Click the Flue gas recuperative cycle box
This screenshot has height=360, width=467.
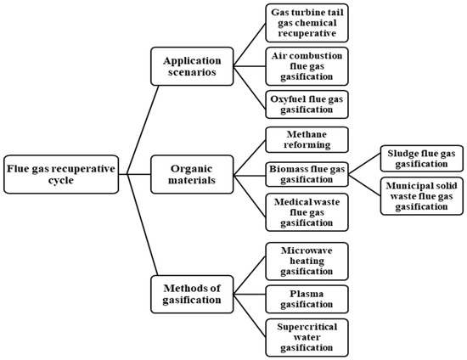(x=61, y=174)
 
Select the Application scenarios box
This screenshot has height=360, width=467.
(x=192, y=66)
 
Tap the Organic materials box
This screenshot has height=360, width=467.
(x=192, y=174)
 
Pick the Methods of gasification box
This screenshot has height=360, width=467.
(x=192, y=294)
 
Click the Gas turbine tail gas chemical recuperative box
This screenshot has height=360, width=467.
(x=307, y=23)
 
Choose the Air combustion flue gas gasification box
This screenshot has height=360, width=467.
(x=307, y=66)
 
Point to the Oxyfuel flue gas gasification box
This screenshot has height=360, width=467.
(x=307, y=104)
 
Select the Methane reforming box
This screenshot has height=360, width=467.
(x=307, y=139)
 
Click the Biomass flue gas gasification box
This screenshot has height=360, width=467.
(x=307, y=174)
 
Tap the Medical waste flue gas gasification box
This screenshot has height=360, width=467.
(x=307, y=212)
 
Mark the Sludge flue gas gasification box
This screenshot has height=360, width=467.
(x=422, y=159)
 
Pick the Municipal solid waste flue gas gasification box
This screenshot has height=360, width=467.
(x=422, y=196)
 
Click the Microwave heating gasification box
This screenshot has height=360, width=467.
(x=307, y=262)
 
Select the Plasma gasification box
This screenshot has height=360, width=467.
(x=307, y=299)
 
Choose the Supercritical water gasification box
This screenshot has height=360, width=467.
(x=307, y=337)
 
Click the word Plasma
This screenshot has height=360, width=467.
(x=307, y=294)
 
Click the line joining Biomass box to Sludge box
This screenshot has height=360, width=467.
(x=364, y=164)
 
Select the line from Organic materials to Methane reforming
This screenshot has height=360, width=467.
(x=250, y=158)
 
